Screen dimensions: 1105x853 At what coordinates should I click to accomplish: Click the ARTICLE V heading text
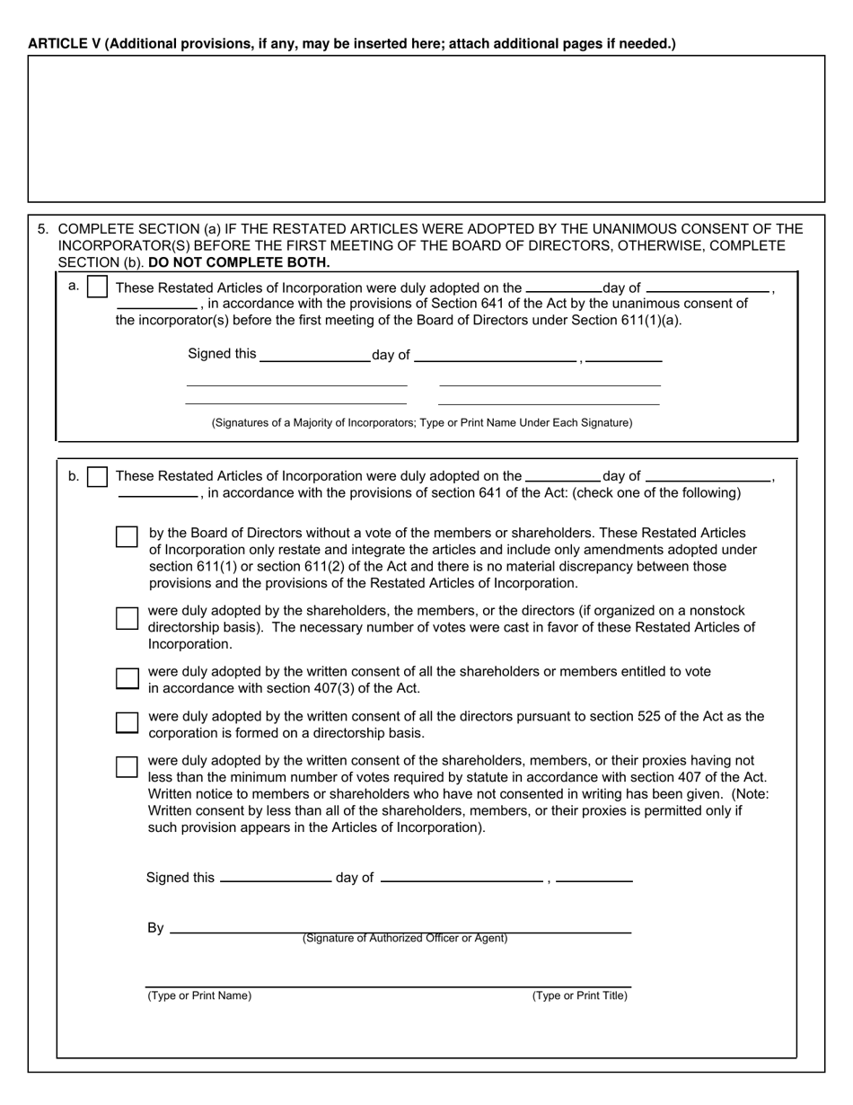point(351,43)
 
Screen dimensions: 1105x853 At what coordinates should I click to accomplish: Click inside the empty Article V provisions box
point(426,128)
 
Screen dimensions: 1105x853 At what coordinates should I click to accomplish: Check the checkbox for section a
point(99,287)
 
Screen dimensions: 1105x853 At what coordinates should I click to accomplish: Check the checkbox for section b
point(99,476)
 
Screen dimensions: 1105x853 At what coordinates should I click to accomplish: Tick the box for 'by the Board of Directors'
point(128,536)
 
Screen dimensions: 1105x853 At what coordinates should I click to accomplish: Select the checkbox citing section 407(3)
point(128,677)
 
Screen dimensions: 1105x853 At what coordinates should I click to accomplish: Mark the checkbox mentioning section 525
point(128,722)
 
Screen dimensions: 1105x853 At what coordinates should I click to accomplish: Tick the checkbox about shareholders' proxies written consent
point(128,766)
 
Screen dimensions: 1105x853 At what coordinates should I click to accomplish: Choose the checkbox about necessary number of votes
point(128,618)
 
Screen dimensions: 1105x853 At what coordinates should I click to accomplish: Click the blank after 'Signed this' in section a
point(314,357)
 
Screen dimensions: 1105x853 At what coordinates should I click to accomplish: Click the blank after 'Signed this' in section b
point(276,880)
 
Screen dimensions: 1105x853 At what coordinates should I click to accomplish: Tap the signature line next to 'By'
point(400,931)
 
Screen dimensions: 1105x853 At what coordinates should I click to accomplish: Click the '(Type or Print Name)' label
point(199,995)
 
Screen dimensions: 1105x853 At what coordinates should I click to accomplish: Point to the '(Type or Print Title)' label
point(579,995)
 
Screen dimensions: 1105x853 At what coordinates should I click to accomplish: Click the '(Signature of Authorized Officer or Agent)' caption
point(405,939)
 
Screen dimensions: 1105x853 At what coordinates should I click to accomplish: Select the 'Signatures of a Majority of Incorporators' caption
point(422,422)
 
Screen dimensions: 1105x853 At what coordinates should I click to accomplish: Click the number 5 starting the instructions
point(42,229)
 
